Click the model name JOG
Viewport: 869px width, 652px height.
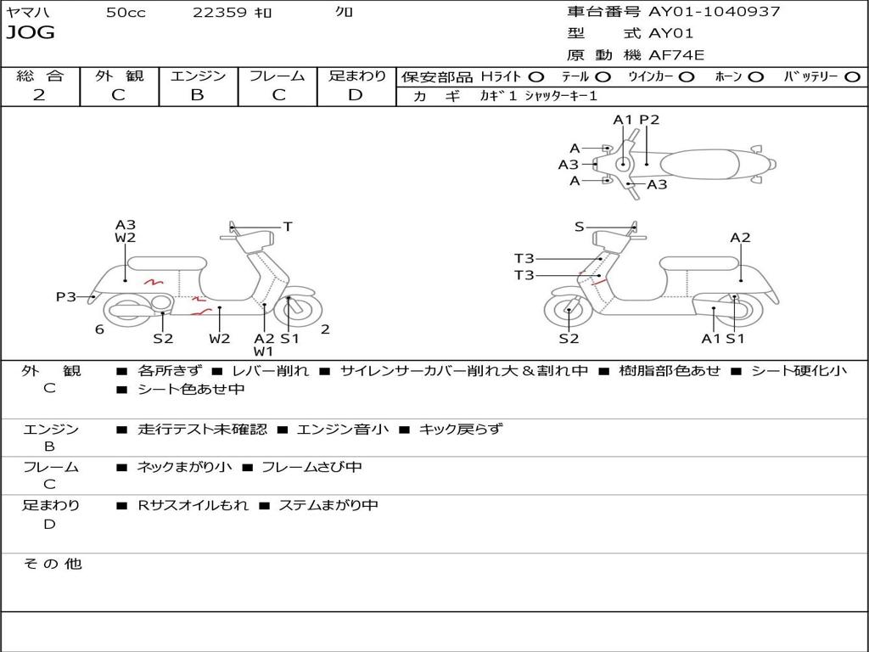pyautogui.click(x=31, y=33)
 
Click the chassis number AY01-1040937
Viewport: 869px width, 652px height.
pyautogui.click(x=715, y=11)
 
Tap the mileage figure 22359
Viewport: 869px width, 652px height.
pyautogui.click(x=220, y=12)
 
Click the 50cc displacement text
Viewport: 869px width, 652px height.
pyautogui.click(x=126, y=12)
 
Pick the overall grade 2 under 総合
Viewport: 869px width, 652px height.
pyautogui.click(x=39, y=95)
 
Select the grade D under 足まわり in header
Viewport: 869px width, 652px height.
pyautogui.click(x=356, y=95)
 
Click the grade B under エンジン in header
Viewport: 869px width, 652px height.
pyautogui.click(x=197, y=95)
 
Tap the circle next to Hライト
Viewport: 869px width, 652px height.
pyautogui.click(x=536, y=77)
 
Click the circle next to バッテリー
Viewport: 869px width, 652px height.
pyautogui.click(x=852, y=77)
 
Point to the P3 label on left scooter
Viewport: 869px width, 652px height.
pyautogui.click(x=66, y=297)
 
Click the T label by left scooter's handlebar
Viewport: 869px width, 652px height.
pyautogui.click(x=288, y=226)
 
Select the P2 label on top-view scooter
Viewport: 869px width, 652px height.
pyautogui.click(x=649, y=120)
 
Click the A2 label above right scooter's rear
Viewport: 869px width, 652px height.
pyautogui.click(x=740, y=238)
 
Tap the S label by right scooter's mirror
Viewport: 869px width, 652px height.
pyautogui.click(x=579, y=226)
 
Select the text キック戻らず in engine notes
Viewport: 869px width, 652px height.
pyautogui.click(x=461, y=429)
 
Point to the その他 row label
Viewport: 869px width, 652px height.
pyautogui.click(x=53, y=564)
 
